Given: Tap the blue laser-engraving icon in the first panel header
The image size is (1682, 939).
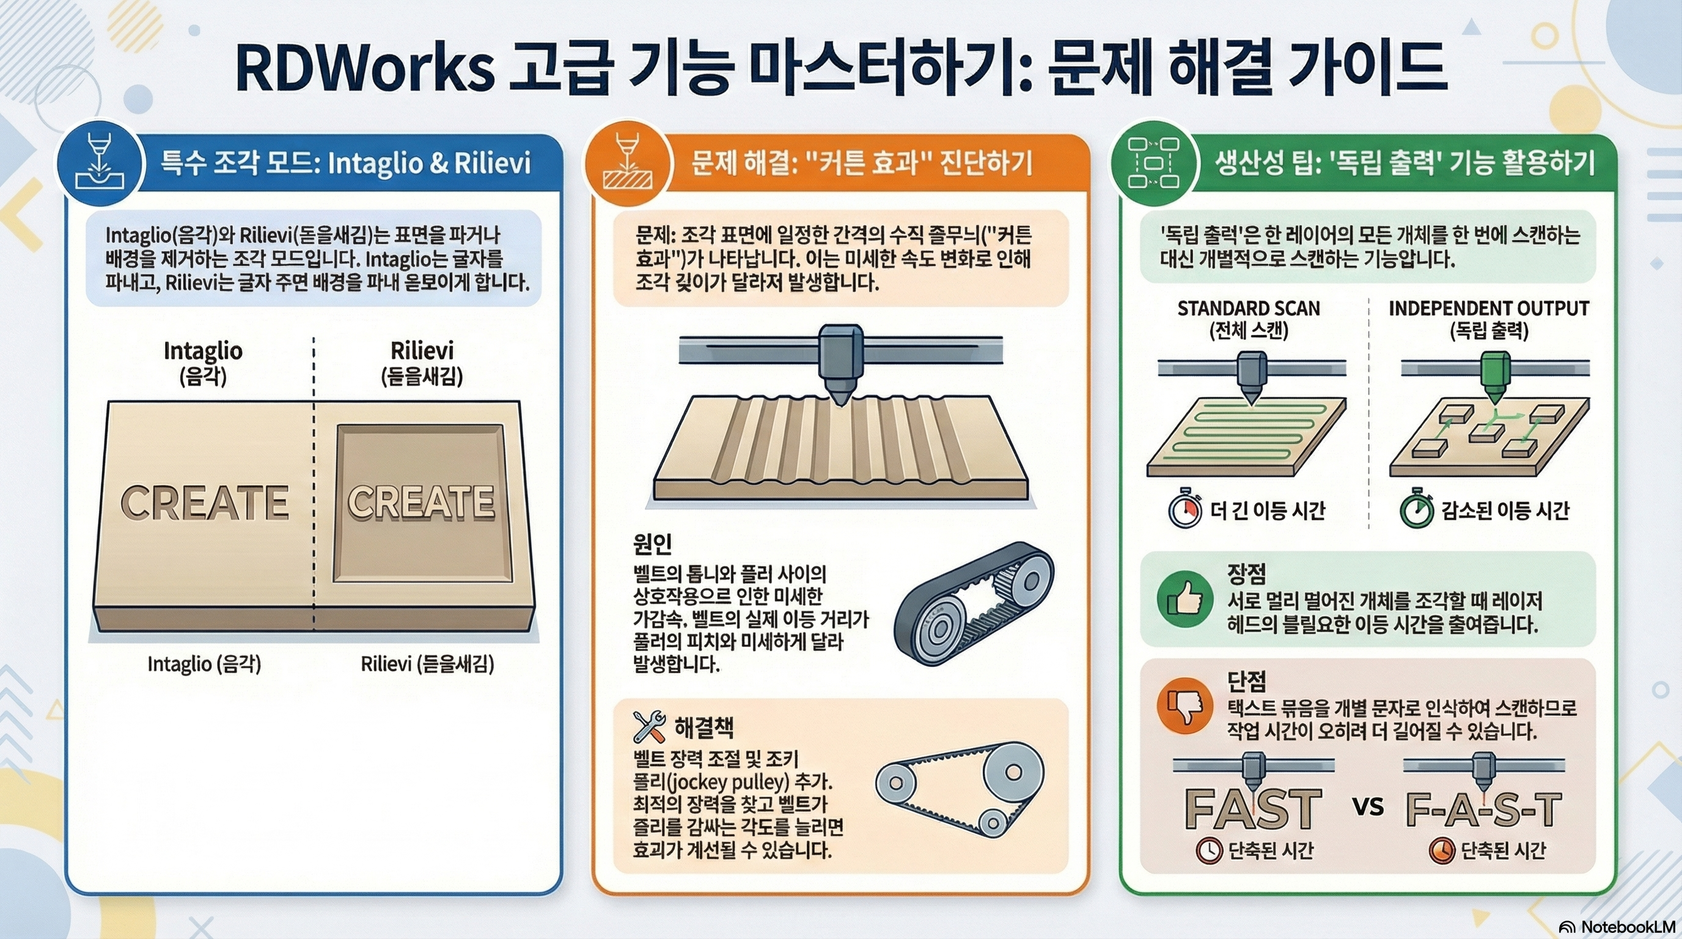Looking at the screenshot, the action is (99, 163).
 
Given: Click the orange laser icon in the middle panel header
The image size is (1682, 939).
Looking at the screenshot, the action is (628, 163).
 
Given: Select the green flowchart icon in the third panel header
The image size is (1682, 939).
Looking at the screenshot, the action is (1154, 163).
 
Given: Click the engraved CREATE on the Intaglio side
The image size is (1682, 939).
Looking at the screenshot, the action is (204, 502).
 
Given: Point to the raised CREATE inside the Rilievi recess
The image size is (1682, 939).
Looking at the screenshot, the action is (421, 502).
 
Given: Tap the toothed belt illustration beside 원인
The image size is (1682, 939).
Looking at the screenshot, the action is (973, 604).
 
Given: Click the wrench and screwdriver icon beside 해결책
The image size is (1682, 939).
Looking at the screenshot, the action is (649, 726).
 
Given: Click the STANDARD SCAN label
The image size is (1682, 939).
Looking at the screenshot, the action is (1249, 308).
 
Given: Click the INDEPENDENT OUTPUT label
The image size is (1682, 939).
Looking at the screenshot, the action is (1489, 308).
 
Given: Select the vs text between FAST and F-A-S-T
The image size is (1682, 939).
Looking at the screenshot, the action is (1368, 806).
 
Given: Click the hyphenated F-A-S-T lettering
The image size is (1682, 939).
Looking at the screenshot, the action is (1483, 811).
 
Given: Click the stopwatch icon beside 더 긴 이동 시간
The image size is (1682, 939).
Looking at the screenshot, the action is (1185, 510).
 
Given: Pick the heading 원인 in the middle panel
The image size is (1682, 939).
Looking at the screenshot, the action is (652, 543).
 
